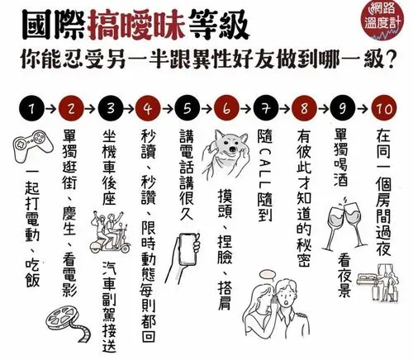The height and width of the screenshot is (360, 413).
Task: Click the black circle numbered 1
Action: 32,108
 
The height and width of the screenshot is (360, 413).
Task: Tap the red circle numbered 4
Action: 148,108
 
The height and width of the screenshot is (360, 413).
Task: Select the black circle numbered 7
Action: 266,108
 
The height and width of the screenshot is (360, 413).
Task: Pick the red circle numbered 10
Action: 384,108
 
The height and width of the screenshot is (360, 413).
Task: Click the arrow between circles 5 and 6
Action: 206,109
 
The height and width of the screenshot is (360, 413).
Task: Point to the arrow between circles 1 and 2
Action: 51,109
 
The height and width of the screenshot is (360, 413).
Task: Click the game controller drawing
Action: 33,146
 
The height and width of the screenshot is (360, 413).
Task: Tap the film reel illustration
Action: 69,323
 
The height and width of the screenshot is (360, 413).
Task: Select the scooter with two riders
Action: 110,233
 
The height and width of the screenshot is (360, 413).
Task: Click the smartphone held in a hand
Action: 188,249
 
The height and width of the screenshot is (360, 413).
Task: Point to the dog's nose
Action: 233,149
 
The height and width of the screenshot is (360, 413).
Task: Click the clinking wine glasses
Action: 347,223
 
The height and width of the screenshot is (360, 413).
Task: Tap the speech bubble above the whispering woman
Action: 268,274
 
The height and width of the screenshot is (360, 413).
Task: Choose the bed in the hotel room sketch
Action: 368,278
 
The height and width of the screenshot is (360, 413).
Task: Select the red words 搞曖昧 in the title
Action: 137,25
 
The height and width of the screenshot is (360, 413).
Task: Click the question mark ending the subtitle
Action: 388,59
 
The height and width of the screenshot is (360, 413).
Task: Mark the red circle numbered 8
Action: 304,108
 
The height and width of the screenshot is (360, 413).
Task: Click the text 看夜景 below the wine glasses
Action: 344,275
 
